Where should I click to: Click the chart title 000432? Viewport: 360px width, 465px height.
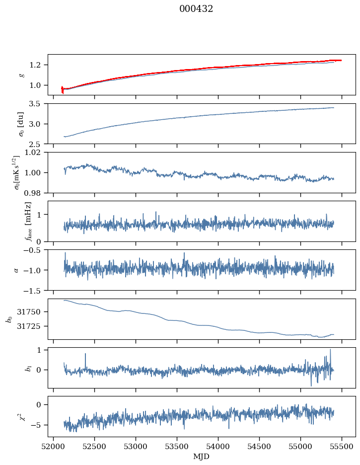click(196, 9)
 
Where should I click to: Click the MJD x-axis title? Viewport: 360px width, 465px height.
click(202, 457)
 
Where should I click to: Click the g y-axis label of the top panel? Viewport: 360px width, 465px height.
click(21, 75)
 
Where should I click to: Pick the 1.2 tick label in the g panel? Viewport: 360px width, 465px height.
click(38, 65)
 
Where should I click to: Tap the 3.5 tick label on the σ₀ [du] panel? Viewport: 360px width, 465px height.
click(38, 104)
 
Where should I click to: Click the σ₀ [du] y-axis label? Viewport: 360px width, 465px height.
click(21, 124)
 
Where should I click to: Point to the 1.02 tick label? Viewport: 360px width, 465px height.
click(36, 153)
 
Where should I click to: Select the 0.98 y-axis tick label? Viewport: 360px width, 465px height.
click(36, 192)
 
